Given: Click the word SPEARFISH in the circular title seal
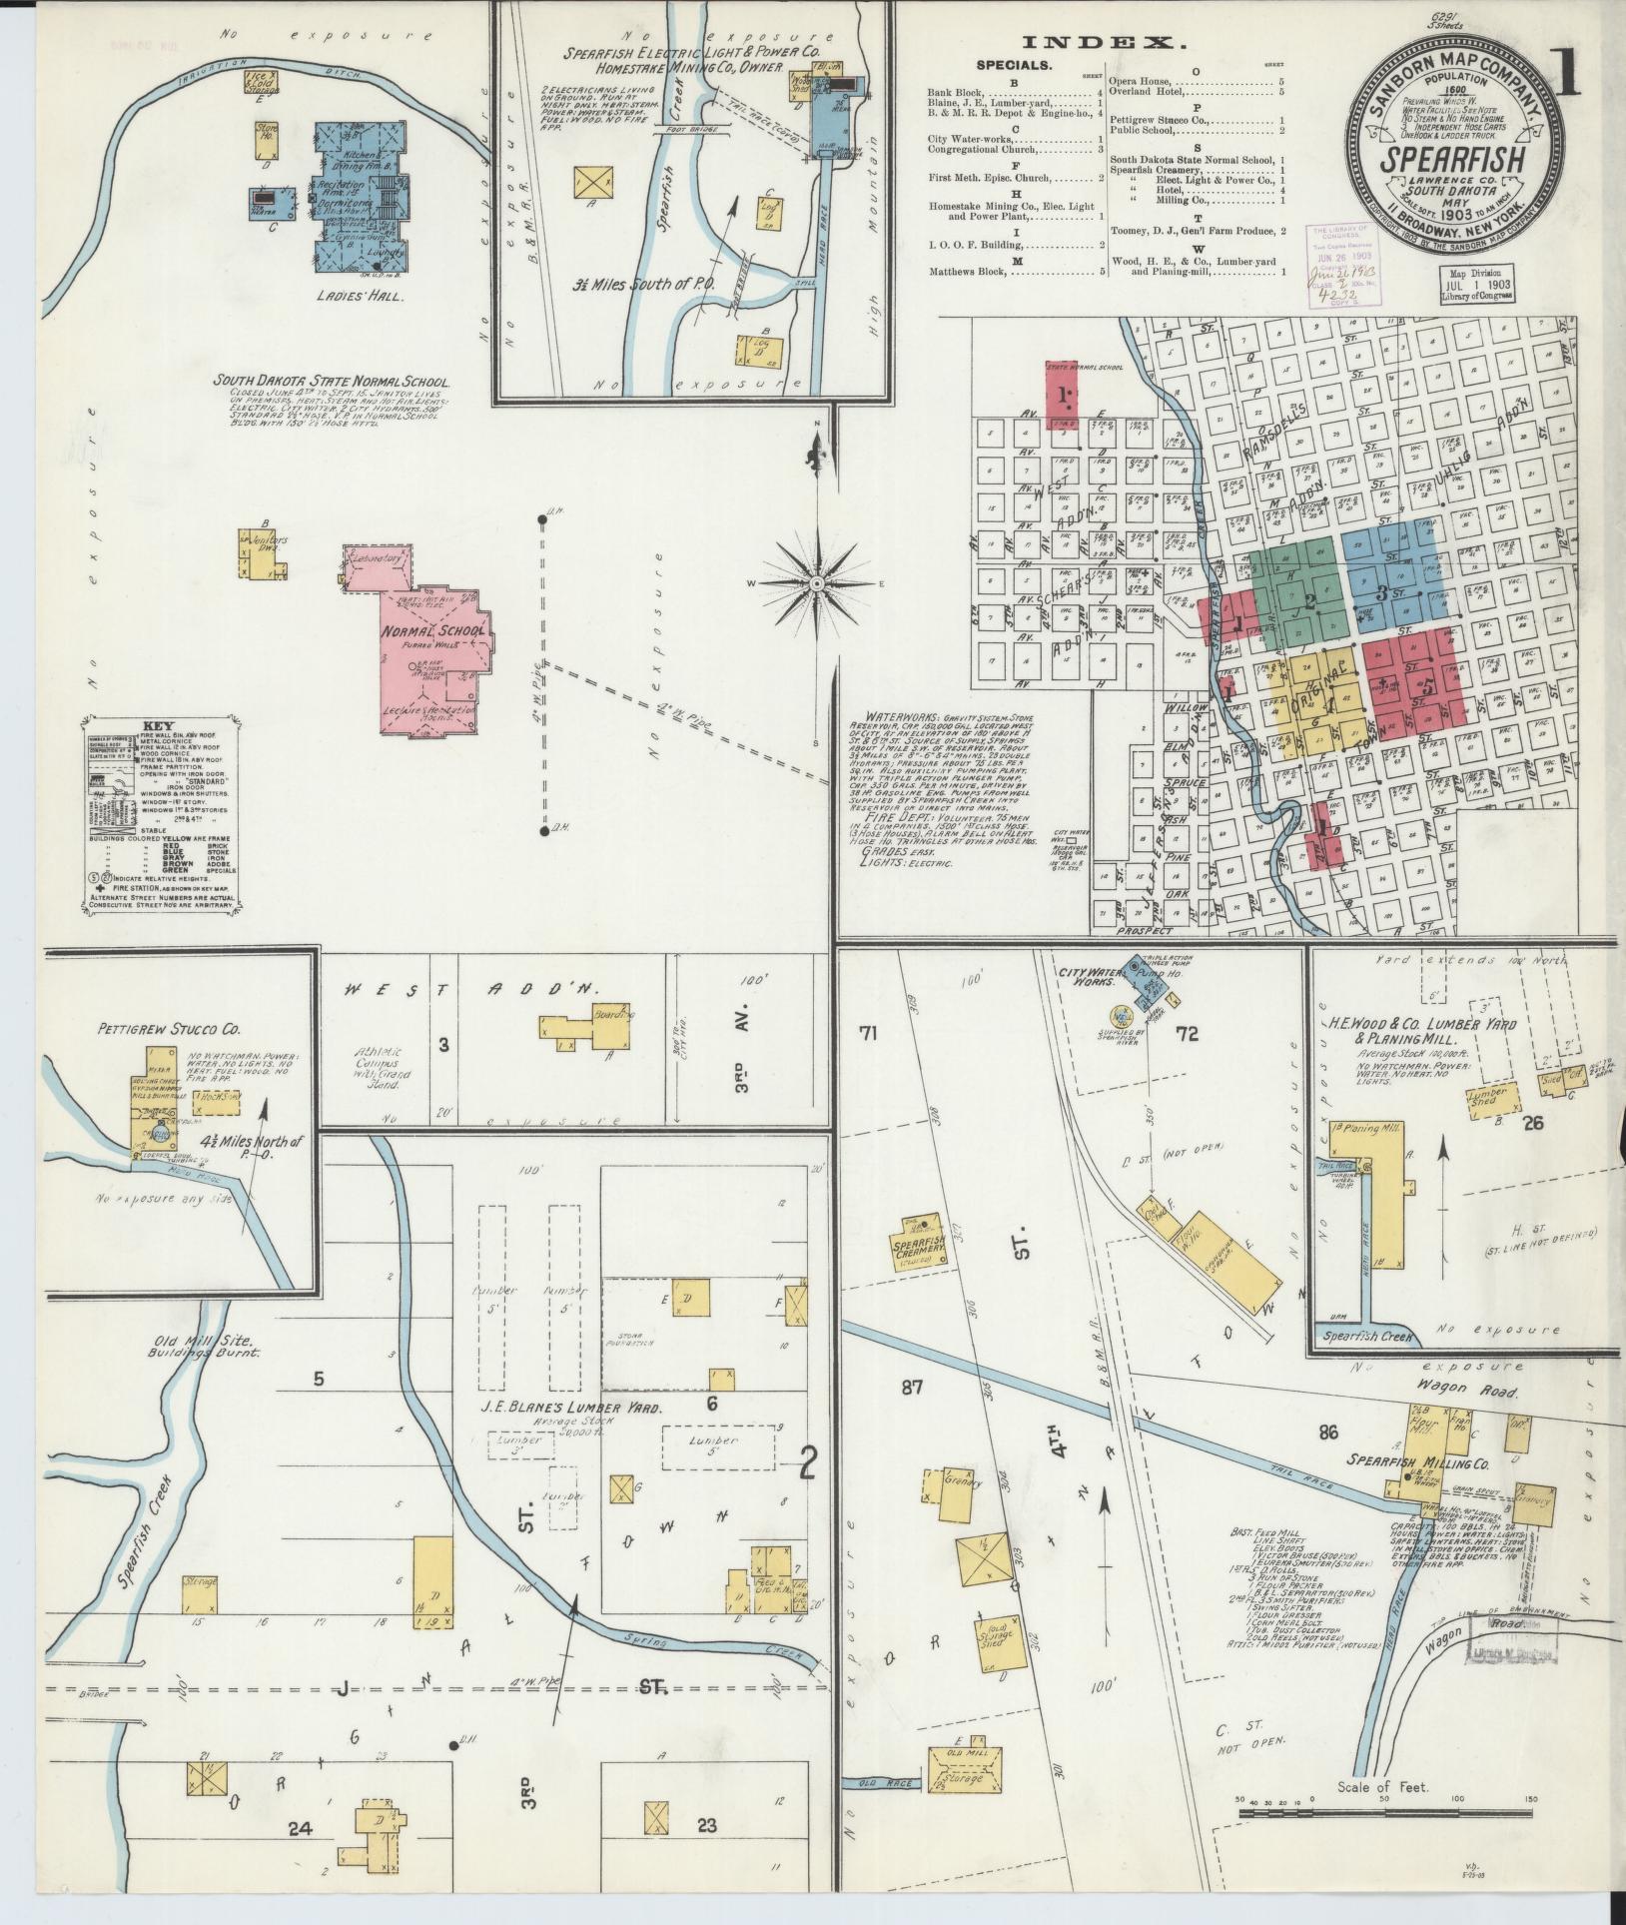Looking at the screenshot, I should [1452, 161].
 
